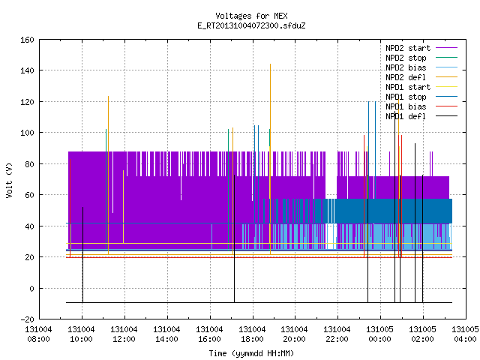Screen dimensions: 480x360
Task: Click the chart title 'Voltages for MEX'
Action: (x=251, y=16)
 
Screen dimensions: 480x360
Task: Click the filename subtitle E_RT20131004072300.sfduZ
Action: (x=251, y=25)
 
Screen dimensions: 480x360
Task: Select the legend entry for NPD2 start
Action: (x=408, y=48)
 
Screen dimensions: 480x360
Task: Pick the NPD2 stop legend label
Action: (x=406, y=58)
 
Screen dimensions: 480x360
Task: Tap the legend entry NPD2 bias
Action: (x=406, y=67)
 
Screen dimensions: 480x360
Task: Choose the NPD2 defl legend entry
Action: (x=406, y=77)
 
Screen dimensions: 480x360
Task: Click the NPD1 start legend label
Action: (x=408, y=87)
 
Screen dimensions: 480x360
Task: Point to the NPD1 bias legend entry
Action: (x=406, y=106)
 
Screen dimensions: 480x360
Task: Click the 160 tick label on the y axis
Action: (x=27, y=40)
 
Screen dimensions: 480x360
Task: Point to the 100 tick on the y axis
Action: (x=27, y=133)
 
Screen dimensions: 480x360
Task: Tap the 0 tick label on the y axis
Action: (x=31, y=289)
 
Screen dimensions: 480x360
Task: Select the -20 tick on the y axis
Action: (x=27, y=319)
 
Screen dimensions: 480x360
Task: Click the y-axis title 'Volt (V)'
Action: (x=9, y=181)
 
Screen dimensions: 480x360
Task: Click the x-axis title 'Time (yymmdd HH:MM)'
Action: (x=251, y=353)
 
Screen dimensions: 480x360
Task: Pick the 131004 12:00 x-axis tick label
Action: (x=124, y=334)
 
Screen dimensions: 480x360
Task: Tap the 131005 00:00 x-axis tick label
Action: (x=380, y=334)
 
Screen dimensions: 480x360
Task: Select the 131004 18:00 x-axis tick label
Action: (x=252, y=334)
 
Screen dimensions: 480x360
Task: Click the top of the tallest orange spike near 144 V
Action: (x=270, y=64)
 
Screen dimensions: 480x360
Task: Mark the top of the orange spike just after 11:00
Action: (x=108, y=97)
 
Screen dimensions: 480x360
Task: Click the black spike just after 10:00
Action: (x=82, y=255)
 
